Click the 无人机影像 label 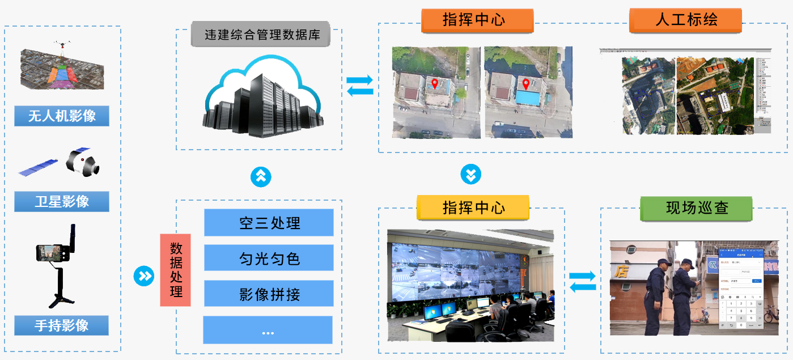[62, 116]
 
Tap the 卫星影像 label [62, 201]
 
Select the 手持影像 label [62, 325]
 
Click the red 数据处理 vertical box [176, 270]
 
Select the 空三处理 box [269, 223]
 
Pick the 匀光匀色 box [269, 259]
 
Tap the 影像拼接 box [269, 294]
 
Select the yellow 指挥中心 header [473, 207]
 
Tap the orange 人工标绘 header [685, 20]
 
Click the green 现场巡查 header [696, 208]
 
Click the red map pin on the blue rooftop [526, 85]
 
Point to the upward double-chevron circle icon [261, 176]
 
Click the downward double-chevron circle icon [470, 174]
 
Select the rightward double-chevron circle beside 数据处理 [144, 276]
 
